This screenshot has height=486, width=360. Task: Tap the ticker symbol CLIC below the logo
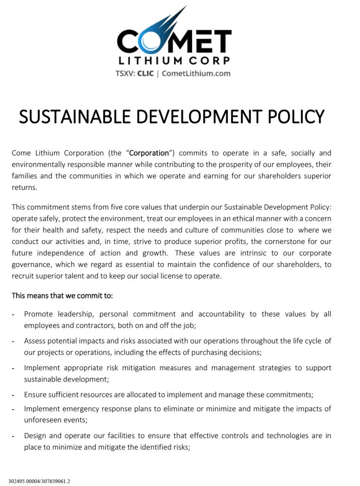click(145, 74)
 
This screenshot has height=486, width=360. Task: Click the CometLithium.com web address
click(196, 74)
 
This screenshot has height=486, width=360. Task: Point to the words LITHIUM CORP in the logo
click(174, 60)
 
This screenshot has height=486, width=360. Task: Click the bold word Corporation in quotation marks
click(149, 153)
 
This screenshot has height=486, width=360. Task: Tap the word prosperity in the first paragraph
click(245, 164)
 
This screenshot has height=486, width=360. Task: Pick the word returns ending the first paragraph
click(24, 187)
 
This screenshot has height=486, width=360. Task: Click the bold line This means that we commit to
click(62, 296)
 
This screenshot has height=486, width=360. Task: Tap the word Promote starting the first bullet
click(38, 314)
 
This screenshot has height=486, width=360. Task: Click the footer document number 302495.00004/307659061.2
click(39, 481)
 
